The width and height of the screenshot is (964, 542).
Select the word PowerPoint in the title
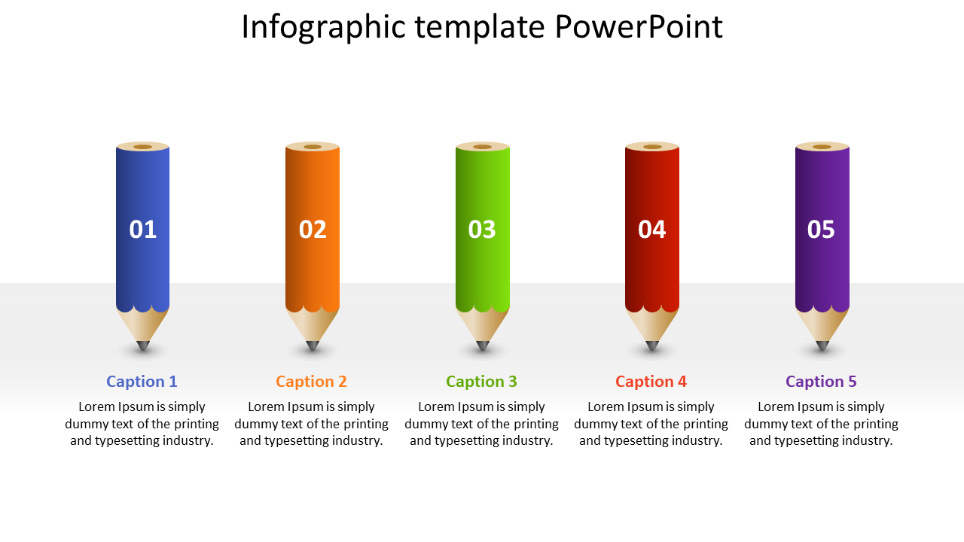click(639, 26)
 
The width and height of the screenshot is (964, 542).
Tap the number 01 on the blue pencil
click(142, 230)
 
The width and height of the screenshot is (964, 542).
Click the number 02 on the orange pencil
click(313, 230)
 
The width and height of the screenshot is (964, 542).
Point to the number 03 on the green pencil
click(482, 230)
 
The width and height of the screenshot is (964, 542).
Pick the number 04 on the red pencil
click(652, 230)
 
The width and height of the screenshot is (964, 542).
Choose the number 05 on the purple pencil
click(821, 230)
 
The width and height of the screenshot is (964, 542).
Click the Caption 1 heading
click(142, 382)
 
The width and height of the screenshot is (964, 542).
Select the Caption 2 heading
click(311, 382)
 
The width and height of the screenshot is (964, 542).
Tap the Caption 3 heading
click(481, 382)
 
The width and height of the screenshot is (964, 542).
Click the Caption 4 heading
click(651, 382)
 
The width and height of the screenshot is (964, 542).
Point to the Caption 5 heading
click(821, 382)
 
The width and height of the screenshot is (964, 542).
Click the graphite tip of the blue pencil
click(143, 346)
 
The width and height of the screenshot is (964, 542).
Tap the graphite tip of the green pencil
click(483, 346)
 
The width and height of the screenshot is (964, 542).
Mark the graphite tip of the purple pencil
click(822, 346)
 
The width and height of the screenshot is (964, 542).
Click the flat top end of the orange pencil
click(313, 147)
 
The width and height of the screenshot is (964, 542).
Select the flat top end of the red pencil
click(652, 147)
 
